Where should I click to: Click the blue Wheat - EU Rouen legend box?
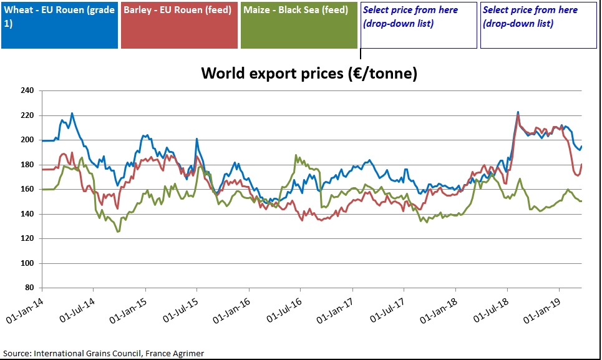pyautogui.click(x=59, y=25)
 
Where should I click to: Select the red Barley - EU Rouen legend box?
pyautogui.click(x=179, y=25)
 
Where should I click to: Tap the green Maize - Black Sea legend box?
pyautogui.click(x=299, y=25)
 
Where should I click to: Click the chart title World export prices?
pyautogui.click(x=309, y=73)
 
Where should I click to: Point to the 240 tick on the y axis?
pyautogui.click(x=27, y=90)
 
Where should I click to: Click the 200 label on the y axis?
pyautogui.click(x=27, y=140)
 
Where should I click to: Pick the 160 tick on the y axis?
pyautogui.click(x=27, y=189)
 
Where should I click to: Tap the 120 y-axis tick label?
pyautogui.click(x=27, y=238)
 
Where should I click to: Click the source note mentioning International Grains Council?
pyautogui.click(x=104, y=353)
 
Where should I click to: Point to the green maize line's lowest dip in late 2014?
pyautogui.click(x=118, y=231)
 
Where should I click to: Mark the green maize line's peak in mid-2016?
pyautogui.click(x=297, y=156)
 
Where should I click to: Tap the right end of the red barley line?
pyautogui.click(x=582, y=165)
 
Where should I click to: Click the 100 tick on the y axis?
pyautogui.click(x=27, y=263)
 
